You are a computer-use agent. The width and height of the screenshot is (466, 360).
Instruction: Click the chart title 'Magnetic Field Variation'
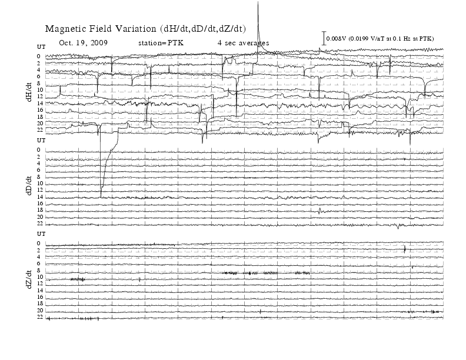(x=101, y=29)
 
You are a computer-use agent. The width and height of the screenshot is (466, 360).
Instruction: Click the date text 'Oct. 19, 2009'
(x=83, y=43)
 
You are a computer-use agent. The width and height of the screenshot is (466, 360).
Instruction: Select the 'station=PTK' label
(x=161, y=43)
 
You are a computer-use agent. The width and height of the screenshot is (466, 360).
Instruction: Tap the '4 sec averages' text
(x=243, y=43)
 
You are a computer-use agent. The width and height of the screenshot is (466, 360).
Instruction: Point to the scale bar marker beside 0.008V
(x=324, y=38)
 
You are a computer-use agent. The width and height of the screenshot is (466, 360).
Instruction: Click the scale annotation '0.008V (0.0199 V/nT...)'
(x=380, y=39)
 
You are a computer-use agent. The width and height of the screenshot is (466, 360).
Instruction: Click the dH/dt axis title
(x=29, y=92)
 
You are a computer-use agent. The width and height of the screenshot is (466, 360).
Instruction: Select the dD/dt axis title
(x=29, y=186)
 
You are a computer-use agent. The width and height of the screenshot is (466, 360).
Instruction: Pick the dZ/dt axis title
(x=29, y=279)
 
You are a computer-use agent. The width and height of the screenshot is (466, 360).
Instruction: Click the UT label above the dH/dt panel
(x=41, y=47)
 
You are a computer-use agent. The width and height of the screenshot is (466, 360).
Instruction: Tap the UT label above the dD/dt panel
(x=41, y=140)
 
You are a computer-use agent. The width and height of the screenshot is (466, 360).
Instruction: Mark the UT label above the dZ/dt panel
(x=41, y=234)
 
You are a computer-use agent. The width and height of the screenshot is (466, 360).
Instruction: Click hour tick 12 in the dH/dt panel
(x=40, y=96)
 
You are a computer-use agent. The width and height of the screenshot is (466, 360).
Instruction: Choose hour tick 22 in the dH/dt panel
(x=40, y=130)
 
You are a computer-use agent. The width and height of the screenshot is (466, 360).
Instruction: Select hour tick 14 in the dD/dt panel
(x=40, y=196)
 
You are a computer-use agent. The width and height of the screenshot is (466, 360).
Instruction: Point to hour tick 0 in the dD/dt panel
(x=39, y=149)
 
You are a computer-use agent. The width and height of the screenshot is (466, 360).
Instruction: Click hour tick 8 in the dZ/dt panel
(x=39, y=271)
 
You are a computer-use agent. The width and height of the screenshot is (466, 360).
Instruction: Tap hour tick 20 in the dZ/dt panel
(x=40, y=311)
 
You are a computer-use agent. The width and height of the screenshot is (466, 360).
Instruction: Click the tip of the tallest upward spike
(x=258, y=2)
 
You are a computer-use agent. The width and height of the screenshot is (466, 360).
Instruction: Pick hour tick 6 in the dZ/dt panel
(x=39, y=264)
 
